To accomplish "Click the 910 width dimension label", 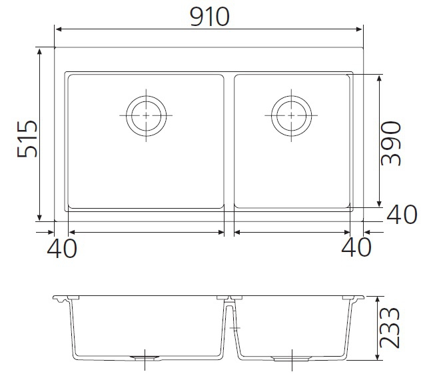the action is tap(210, 17).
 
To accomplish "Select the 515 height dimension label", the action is tap(27, 139).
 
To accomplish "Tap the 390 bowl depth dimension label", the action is tap(391, 143).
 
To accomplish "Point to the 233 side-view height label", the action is tap(390, 328).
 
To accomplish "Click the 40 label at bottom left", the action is tap(62, 248).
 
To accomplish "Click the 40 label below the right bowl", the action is tap(356, 247).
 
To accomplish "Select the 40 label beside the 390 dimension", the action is tap(402, 215).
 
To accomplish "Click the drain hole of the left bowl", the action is tap(146, 116).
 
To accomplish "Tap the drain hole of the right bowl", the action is tap(291, 116).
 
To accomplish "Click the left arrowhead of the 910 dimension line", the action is tap(59, 29).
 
